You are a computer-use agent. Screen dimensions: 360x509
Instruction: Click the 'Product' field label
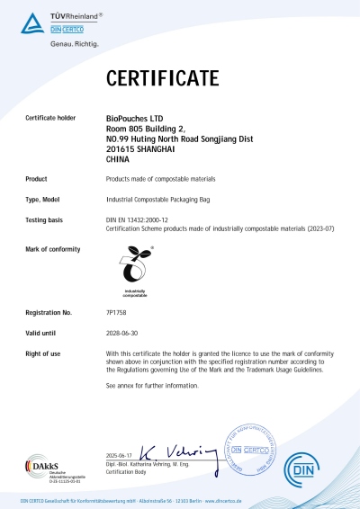pos(37,179)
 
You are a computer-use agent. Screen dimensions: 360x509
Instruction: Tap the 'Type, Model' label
pos(43,199)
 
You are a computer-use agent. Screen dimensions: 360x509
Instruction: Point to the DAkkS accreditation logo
pos(41,468)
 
